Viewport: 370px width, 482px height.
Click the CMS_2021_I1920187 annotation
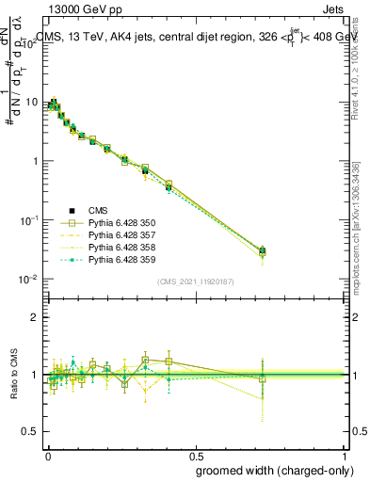coord(196,281)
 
